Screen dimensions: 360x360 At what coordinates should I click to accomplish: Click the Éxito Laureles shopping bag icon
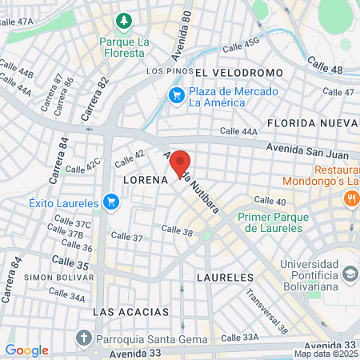pyautogui.click(x=111, y=202)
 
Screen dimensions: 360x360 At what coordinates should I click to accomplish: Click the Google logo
pyautogui.click(x=26, y=350)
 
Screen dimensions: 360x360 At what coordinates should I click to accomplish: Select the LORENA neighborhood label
pyautogui.click(x=145, y=181)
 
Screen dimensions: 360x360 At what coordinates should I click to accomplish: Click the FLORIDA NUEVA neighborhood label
pyautogui.click(x=313, y=123)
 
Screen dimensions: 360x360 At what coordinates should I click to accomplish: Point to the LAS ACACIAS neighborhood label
pyautogui.click(x=131, y=310)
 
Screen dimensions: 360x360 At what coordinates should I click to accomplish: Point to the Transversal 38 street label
pyautogui.click(x=266, y=310)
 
